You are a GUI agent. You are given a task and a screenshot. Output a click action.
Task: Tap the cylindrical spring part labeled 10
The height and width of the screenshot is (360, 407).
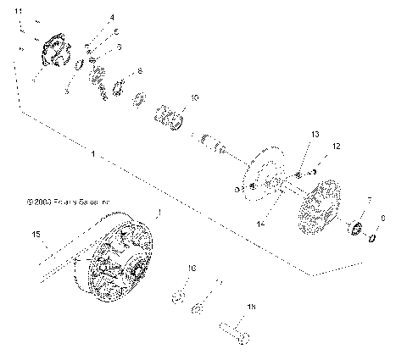pyautogui.click(x=169, y=116)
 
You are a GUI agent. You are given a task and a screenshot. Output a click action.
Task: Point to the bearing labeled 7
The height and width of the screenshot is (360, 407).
pyautogui.click(x=357, y=228)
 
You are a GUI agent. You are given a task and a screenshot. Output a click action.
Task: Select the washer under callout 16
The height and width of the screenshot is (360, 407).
pyautogui.click(x=179, y=296)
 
